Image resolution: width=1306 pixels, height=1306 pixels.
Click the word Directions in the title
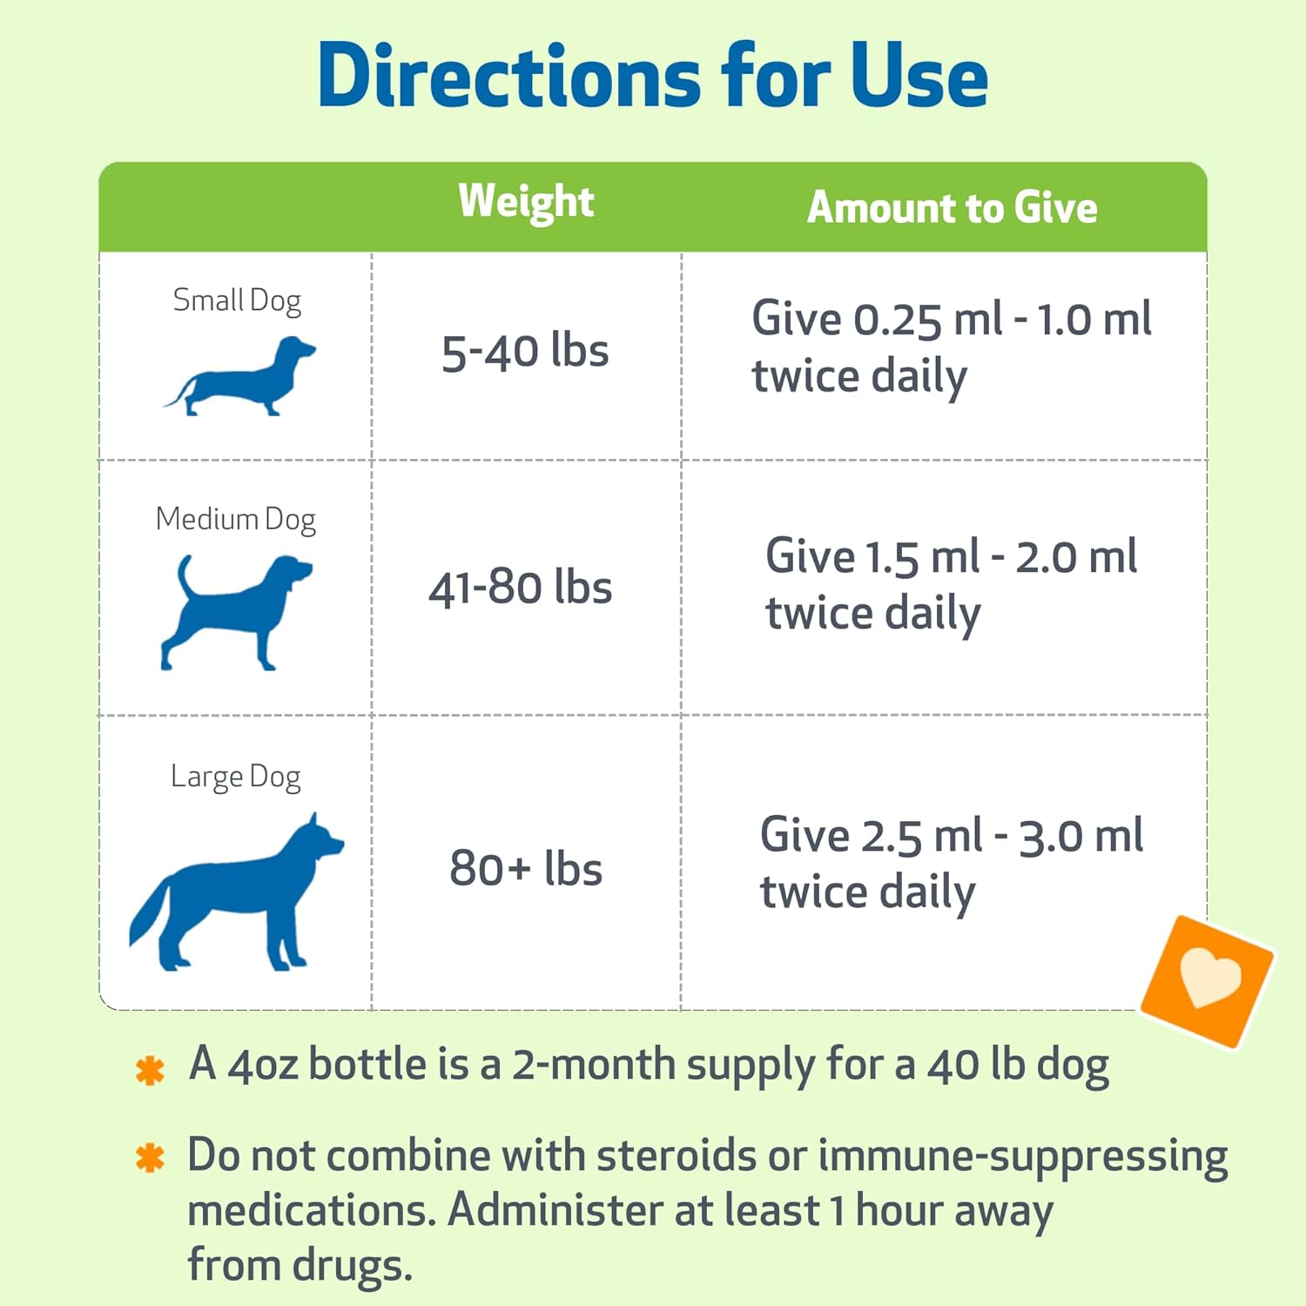(x=508, y=77)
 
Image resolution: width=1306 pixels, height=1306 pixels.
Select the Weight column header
(x=526, y=202)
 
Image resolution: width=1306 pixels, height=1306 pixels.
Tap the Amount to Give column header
(x=952, y=208)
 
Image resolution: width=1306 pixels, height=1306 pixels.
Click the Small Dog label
(x=237, y=300)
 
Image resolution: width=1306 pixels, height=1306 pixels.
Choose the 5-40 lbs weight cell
(x=525, y=353)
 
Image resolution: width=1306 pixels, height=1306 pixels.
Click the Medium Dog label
(x=235, y=519)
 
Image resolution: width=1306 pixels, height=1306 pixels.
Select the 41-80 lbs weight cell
(x=521, y=588)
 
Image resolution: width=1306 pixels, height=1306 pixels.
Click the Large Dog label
(x=235, y=776)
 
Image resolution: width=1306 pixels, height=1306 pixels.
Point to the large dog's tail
(x=148, y=914)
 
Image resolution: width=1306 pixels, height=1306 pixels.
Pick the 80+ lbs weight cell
(x=526, y=869)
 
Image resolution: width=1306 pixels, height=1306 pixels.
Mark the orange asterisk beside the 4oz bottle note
(x=150, y=1070)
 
